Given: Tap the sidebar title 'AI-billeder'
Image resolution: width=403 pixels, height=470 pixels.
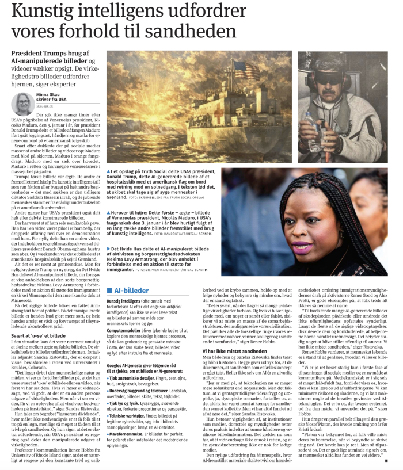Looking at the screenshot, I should coord(129,291).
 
